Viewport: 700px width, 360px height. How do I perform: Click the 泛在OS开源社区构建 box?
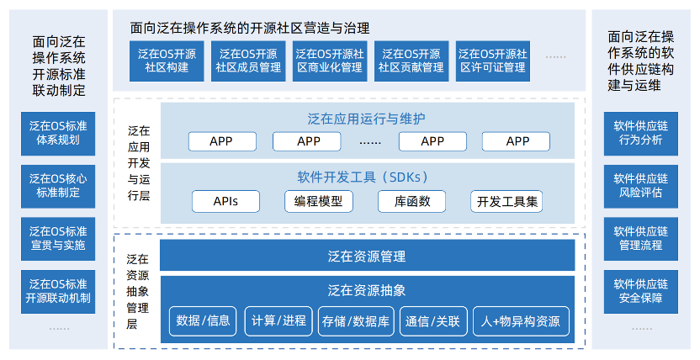167,61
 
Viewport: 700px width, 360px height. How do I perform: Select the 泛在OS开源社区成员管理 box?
248,61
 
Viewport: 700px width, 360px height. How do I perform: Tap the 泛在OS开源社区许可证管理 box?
493,61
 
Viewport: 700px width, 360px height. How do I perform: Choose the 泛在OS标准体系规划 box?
58,134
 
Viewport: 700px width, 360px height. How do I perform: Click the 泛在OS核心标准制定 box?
58,186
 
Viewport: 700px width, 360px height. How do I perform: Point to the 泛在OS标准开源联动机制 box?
58,291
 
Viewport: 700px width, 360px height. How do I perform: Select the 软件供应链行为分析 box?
640,134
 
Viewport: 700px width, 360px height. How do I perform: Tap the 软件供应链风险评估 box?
640,186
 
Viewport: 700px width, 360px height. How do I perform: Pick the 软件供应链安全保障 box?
640,291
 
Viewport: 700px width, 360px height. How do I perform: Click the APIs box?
225,201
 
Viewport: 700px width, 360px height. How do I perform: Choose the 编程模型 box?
319,201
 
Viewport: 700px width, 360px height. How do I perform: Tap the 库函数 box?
411,201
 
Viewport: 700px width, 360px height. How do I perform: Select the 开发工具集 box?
506,201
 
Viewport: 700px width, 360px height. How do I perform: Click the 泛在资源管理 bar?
367,256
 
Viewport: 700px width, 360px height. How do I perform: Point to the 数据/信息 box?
203,320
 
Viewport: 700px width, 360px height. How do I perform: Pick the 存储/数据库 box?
356,320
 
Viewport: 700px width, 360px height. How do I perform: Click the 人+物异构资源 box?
521,320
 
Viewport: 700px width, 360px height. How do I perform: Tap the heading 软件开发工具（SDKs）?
363,177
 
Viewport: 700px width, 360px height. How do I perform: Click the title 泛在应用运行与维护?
366,119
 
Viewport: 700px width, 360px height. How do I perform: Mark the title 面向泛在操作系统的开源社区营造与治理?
250,28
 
